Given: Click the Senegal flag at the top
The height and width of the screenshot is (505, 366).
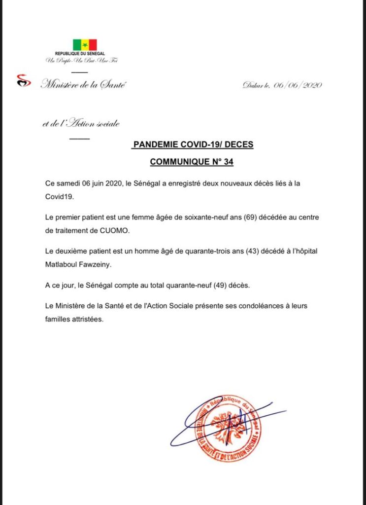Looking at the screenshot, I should click(x=85, y=45).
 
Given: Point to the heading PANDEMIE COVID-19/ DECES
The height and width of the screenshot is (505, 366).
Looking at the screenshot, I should click(x=193, y=145).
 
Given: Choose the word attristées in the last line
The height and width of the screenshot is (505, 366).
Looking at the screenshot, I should click(x=89, y=319).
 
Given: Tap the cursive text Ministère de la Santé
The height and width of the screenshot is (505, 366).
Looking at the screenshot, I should click(x=83, y=85).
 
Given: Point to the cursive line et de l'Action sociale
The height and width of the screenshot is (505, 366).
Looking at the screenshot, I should click(x=81, y=124).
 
